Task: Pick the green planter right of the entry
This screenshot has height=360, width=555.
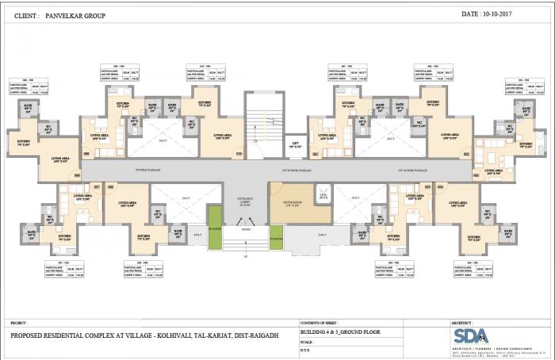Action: (x=276, y=235)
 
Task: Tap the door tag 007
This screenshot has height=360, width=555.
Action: (x=97, y=186)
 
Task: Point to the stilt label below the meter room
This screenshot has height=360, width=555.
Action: (x=321, y=235)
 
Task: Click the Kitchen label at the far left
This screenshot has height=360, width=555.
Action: (x=22, y=144)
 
